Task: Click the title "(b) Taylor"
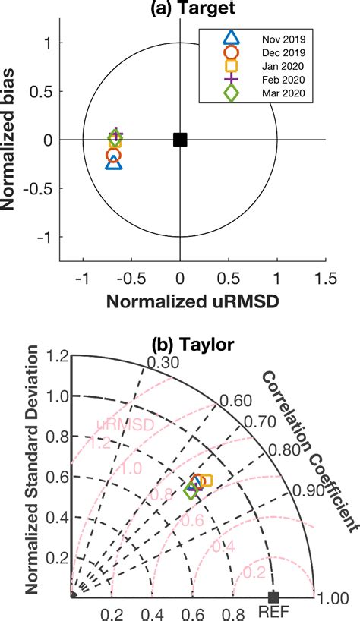179,342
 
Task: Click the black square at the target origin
180,139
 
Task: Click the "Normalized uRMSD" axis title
191,301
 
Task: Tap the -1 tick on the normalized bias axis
49,237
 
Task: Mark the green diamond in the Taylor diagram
191,491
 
